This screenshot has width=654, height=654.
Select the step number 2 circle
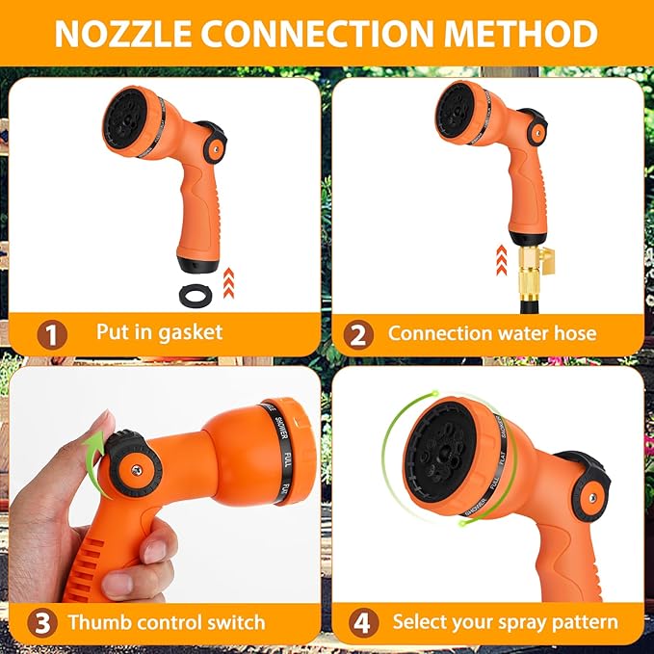(x=357, y=334)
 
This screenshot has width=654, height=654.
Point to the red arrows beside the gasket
(x=227, y=282)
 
